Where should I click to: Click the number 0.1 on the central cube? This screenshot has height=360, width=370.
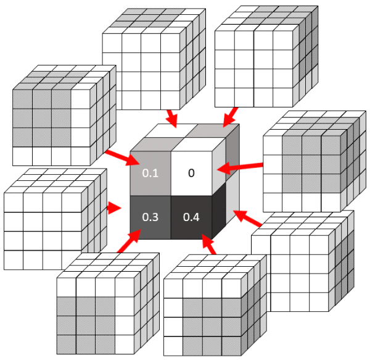point(151,174)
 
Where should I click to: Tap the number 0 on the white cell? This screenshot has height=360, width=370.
point(191,173)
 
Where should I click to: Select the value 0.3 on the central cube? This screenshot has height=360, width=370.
point(150,217)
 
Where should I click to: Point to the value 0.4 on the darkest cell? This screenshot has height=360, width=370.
point(191,217)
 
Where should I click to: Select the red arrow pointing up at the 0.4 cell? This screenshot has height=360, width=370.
point(211,246)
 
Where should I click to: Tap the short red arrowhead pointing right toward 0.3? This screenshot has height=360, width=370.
point(114,208)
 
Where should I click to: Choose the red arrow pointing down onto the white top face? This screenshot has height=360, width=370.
point(171,117)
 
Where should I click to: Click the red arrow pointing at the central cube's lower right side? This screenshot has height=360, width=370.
point(248,219)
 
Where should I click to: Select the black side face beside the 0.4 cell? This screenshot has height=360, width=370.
point(221,210)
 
